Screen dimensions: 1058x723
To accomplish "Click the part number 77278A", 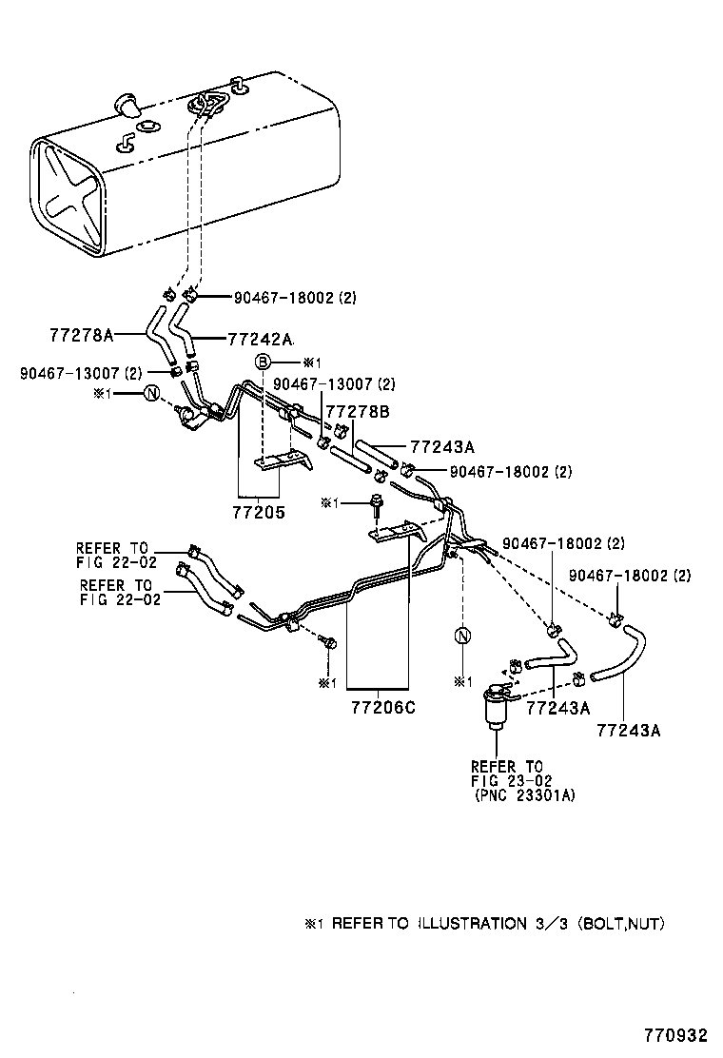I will point(81,335).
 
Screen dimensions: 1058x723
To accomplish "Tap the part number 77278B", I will point(358,410).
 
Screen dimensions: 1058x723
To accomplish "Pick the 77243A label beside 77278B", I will point(442,446).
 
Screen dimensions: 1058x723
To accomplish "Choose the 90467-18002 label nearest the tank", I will point(295,298).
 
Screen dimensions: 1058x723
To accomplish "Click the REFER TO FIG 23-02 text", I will point(506,773).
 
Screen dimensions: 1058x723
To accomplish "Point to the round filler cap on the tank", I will point(125,102).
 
